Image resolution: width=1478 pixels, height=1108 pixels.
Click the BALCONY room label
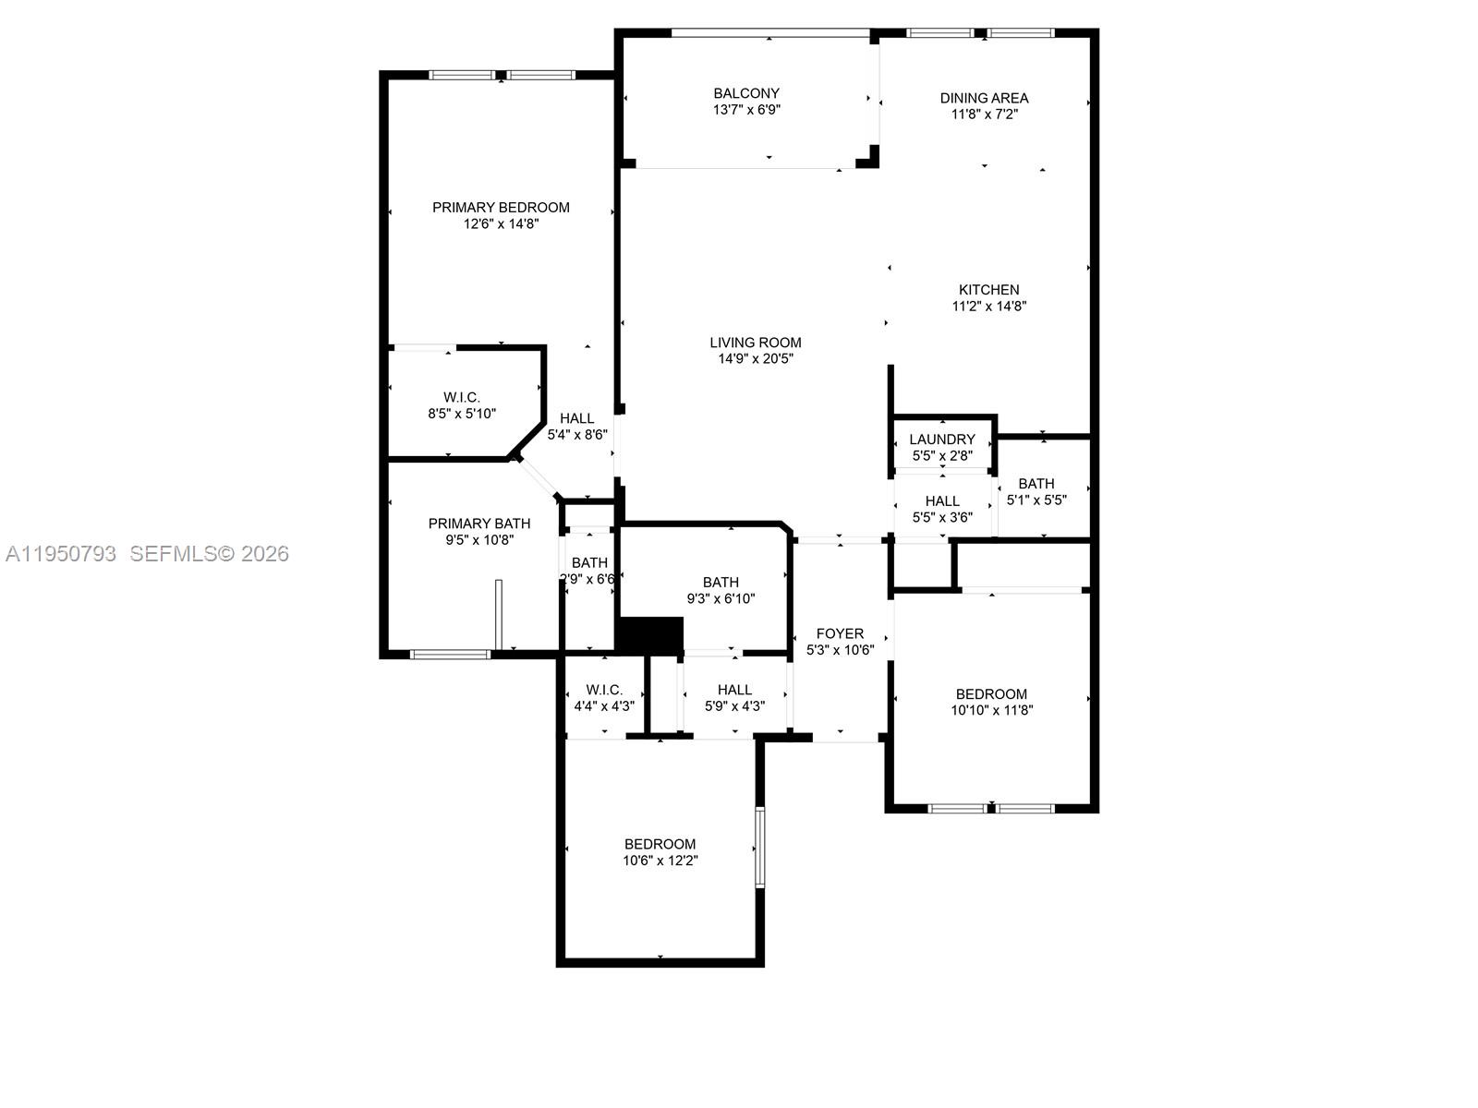click(x=746, y=93)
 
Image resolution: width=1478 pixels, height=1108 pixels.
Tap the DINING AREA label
click(x=984, y=98)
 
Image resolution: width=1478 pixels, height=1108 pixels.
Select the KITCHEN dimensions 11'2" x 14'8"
click(x=989, y=307)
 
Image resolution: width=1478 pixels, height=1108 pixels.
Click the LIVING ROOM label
click(x=756, y=343)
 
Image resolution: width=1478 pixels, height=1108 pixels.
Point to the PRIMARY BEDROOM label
click(x=501, y=208)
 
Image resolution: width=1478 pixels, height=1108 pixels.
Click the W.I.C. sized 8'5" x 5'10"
click(x=462, y=405)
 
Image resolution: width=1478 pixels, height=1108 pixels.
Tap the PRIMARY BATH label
click(x=479, y=524)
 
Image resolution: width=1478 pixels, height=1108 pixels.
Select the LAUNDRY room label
click(x=942, y=440)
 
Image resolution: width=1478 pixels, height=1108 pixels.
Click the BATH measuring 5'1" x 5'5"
click(x=1036, y=491)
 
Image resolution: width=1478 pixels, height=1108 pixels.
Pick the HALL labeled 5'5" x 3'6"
click(x=942, y=509)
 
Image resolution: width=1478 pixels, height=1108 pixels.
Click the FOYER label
click(x=840, y=633)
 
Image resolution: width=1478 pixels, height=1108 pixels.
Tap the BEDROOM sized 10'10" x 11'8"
click(x=991, y=702)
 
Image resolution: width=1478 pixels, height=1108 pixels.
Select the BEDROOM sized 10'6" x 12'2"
click(x=660, y=851)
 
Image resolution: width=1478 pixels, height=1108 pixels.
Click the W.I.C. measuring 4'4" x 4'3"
click(x=604, y=697)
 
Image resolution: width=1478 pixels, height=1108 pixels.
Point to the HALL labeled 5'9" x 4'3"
click(x=734, y=697)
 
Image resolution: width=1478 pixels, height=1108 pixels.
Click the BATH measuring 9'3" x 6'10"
click(x=721, y=590)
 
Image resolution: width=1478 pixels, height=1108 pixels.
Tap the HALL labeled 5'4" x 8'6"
click(x=577, y=426)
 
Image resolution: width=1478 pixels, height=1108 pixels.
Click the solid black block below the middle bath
click(x=649, y=635)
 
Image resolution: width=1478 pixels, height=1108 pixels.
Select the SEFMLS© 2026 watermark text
click(x=209, y=554)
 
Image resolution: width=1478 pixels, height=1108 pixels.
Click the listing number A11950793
click(x=61, y=554)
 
